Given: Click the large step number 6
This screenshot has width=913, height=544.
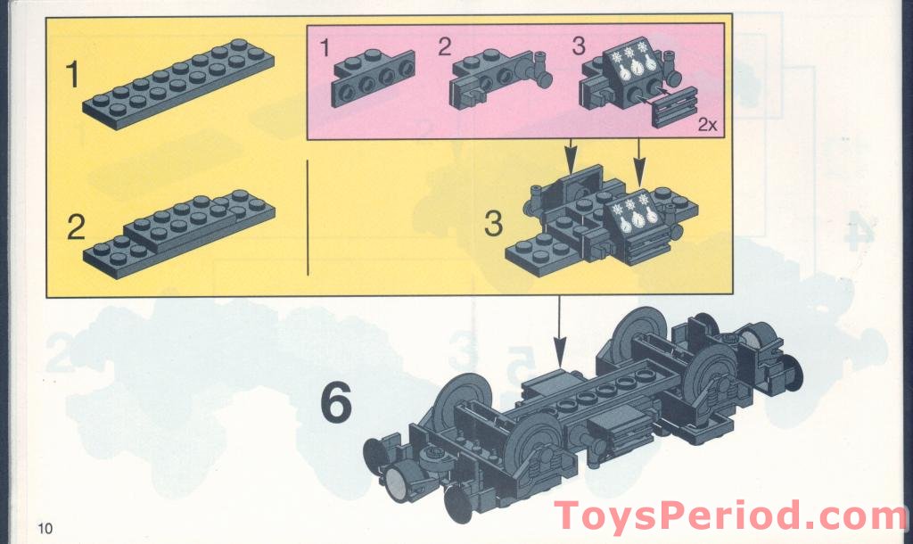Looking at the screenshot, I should (x=335, y=405).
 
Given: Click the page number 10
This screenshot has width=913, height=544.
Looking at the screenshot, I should (x=45, y=528).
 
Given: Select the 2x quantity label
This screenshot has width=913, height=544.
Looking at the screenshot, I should (x=707, y=126).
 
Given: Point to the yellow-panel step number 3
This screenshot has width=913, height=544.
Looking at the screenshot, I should (x=493, y=223).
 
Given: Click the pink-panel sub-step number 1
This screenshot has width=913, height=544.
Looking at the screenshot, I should (x=325, y=45).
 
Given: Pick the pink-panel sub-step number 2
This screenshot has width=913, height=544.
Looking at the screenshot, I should (x=444, y=45).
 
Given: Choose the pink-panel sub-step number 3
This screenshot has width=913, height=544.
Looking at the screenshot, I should (x=579, y=45).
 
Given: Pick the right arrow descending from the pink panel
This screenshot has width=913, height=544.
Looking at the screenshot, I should (x=639, y=159).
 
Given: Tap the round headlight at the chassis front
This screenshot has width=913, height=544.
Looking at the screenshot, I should (x=398, y=486).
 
